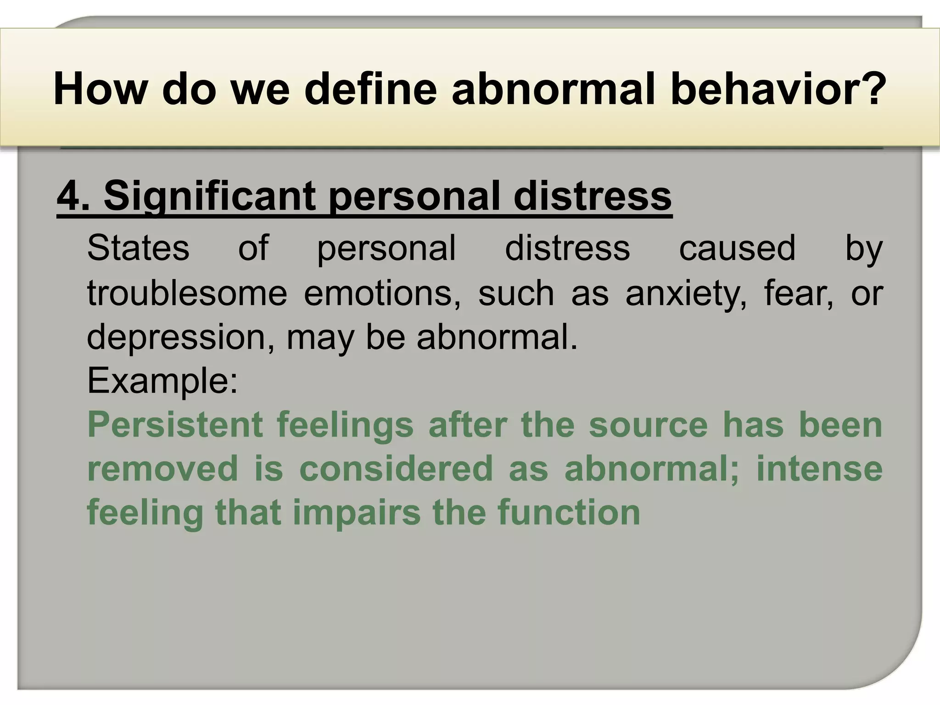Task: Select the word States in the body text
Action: click(x=138, y=248)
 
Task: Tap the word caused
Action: click(x=737, y=248)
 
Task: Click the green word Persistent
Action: click(x=175, y=425)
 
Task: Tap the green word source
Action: click(x=648, y=425)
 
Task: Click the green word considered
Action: click(x=396, y=469)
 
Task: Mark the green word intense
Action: click(x=819, y=469)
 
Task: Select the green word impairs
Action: click(x=356, y=512)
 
